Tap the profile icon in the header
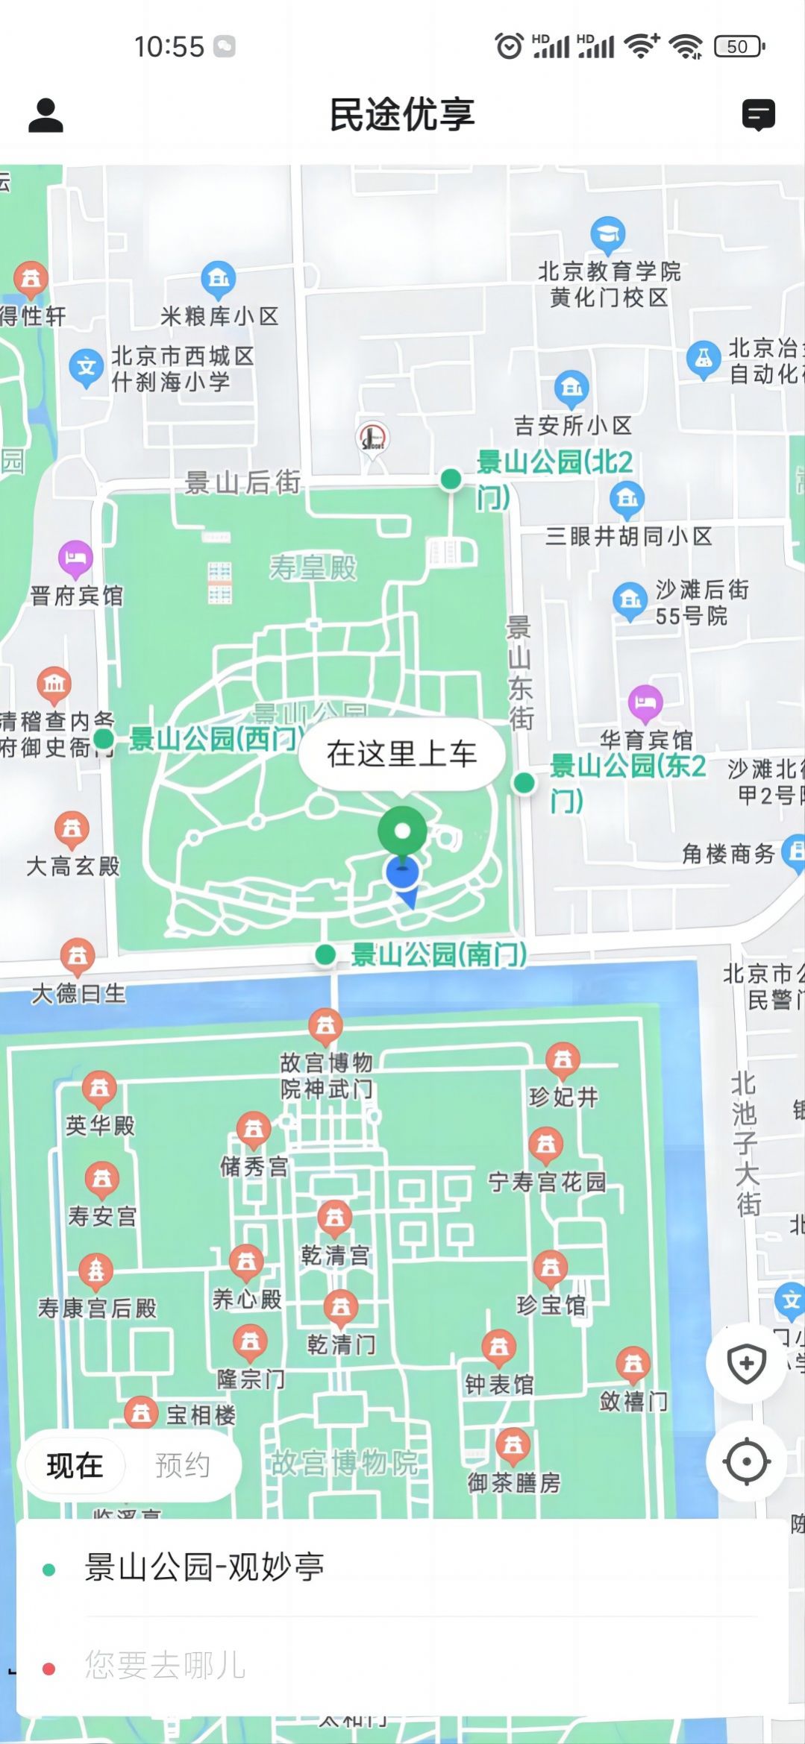pos(46,116)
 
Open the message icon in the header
pos(758,116)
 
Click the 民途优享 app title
pos(402,115)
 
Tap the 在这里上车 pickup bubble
pos(401,754)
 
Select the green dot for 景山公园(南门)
pos(325,954)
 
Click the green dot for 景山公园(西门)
pos(104,739)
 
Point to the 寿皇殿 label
pos(313,567)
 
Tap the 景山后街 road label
pos(242,482)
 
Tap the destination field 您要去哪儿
pos(165,1665)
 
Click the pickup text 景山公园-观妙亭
pos(204,1567)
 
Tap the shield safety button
pos(746,1364)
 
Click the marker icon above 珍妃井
pos(563,1060)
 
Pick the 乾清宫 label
pos(335,1256)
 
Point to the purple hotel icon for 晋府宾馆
pos(75,558)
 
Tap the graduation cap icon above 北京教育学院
pos(608,234)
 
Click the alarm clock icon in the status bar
pos(510,46)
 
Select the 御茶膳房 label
pos(514,1482)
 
